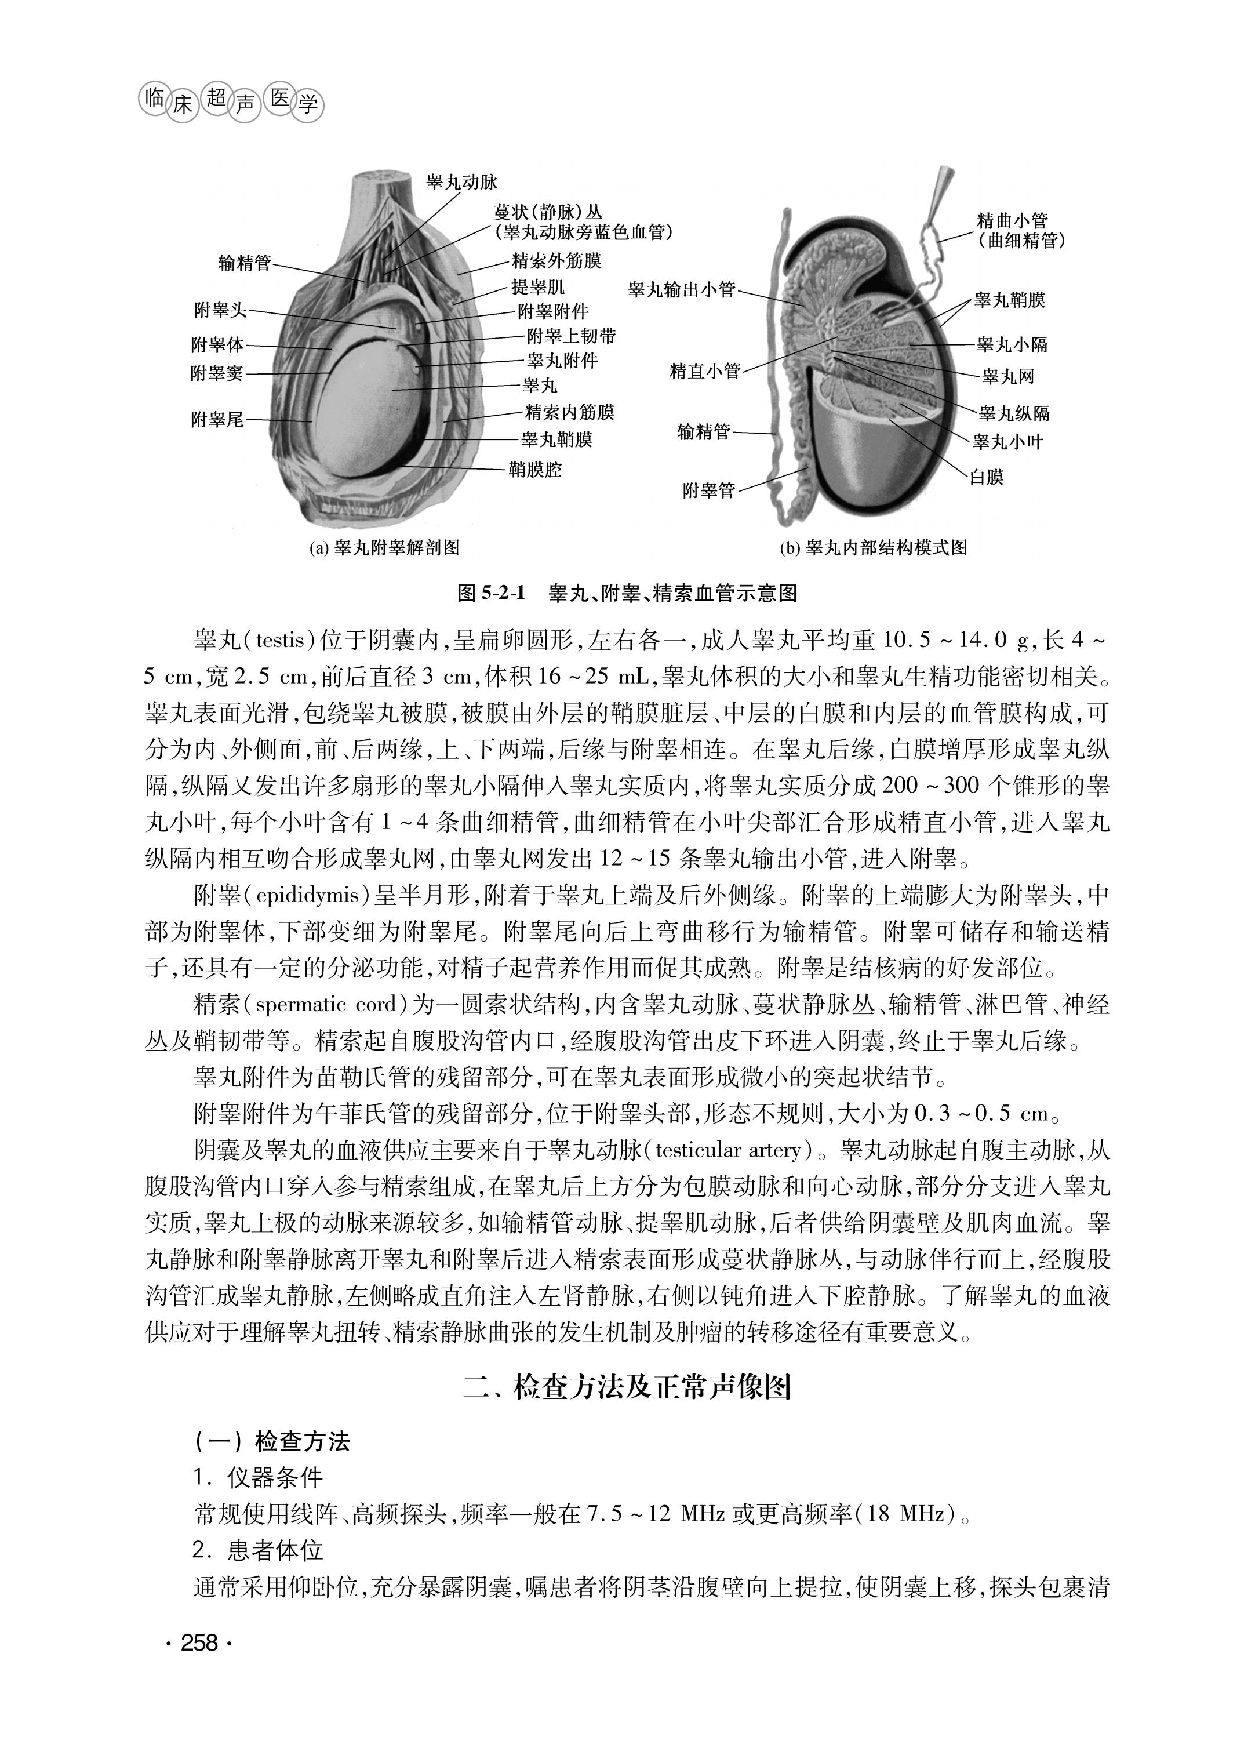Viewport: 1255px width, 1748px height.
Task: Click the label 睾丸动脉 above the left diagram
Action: point(461,182)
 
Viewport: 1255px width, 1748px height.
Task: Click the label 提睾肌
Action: point(538,288)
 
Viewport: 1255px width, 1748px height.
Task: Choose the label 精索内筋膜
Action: point(569,412)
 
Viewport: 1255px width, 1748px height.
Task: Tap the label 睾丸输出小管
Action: point(682,290)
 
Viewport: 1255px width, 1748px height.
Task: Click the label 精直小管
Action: point(705,372)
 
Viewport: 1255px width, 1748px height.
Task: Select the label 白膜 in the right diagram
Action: point(986,477)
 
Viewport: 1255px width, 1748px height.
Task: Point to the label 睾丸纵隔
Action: point(1014,414)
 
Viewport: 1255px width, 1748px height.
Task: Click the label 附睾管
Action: point(709,490)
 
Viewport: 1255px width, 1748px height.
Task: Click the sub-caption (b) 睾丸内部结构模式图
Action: point(873,548)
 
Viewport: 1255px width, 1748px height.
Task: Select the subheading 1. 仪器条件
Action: point(258,1477)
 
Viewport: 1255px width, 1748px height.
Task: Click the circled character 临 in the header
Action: point(155,97)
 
